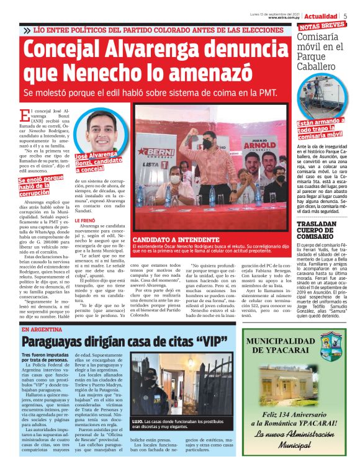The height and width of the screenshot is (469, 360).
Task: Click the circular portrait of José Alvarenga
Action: [101, 130]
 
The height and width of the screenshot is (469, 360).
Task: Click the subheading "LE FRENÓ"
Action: [86, 220]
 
